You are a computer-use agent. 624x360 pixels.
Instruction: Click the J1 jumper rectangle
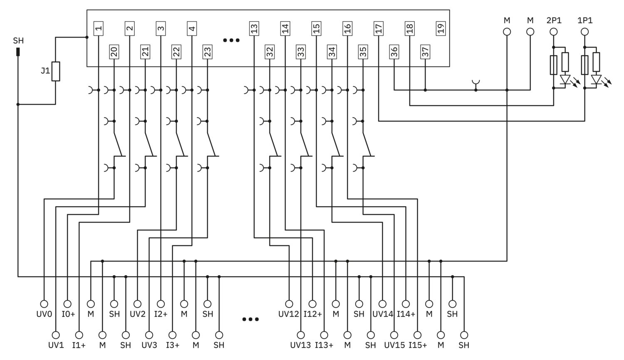tap(56, 71)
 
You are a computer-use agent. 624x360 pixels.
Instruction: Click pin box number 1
tap(98, 28)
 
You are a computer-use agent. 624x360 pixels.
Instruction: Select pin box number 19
tap(441, 28)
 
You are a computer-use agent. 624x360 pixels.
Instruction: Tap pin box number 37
tap(425, 52)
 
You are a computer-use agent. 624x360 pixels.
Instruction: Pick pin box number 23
tap(207, 52)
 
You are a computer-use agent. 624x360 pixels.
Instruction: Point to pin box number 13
tap(254, 28)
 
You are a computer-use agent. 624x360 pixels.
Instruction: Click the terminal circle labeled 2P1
tap(554, 32)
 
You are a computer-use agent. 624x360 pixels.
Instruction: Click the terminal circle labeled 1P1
tap(585, 32)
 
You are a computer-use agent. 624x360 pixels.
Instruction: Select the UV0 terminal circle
tap(44, 304)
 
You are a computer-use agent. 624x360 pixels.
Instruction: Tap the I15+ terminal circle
tap(417, 335)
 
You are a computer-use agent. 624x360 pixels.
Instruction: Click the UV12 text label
tap(289, 314)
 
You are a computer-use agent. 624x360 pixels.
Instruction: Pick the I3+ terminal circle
tap(173, 335)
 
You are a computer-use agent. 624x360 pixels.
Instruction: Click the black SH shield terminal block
tap(18, 52)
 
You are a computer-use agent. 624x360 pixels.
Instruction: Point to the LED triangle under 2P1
tap(565, 79)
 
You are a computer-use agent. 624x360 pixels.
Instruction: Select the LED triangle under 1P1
tap(596, 79)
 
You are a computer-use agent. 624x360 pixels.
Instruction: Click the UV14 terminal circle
tap(382, 304)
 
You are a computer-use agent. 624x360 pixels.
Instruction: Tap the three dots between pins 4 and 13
tap(231, 40)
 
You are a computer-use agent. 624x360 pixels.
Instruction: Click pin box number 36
tap(394, 52)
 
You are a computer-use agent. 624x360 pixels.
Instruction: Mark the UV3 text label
tap(149, 345)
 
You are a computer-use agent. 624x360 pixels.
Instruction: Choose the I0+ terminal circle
tap(67, 304)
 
